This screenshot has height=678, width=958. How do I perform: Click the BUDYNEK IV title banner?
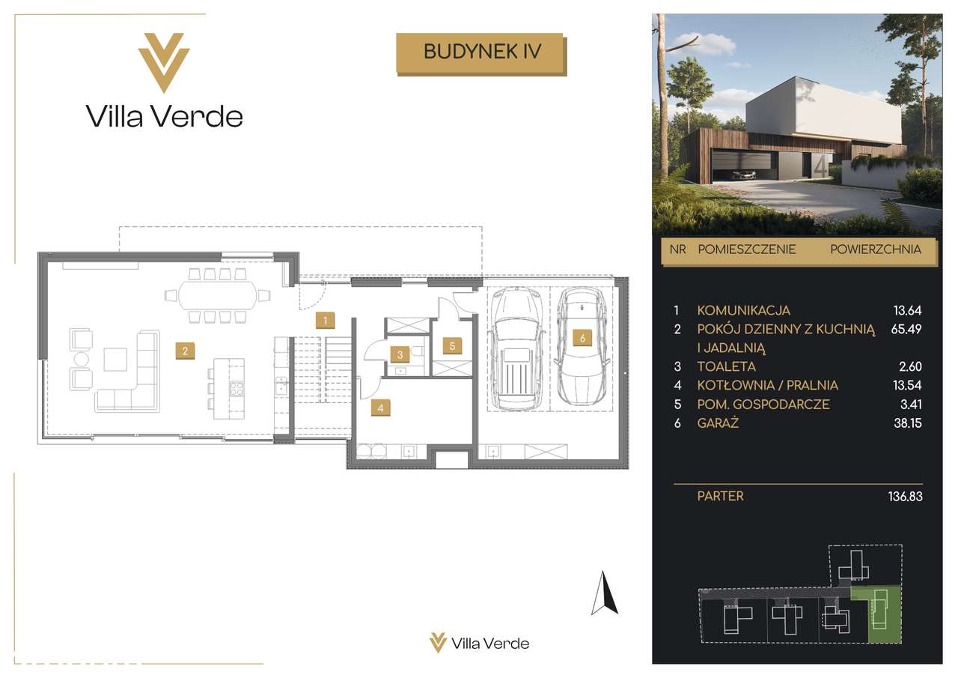point(481,53)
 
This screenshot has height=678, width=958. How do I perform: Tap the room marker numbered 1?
point(325,320)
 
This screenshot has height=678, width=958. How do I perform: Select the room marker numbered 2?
point(185,351)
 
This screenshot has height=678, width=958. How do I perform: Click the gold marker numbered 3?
point(400,354)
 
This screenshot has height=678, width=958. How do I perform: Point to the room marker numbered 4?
point(381,408)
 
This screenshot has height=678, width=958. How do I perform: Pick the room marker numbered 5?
point(453,346)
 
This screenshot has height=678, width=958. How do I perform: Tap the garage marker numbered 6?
point(582,338)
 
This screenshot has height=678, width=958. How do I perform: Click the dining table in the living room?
point(218,295)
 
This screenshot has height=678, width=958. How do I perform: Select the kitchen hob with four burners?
point(237,389)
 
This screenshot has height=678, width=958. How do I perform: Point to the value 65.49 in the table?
point(906,329)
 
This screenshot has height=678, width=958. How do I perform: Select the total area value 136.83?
point(906,497)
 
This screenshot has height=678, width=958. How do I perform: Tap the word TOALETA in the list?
point(727,367)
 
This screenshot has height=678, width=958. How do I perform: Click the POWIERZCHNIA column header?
point(876,249)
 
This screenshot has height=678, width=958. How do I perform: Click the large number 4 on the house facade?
point(820,167)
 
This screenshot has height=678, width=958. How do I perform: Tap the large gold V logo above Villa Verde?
point(164,62)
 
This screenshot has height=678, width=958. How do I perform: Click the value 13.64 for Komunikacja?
point(908,310)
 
